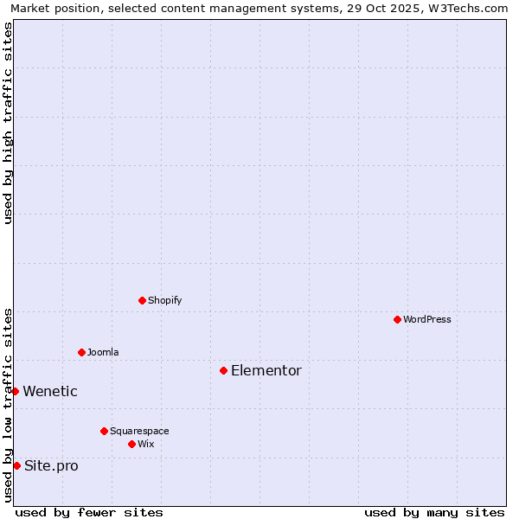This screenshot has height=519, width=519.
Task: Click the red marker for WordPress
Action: coord(397,320)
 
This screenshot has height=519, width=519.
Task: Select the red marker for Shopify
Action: coord(142,301)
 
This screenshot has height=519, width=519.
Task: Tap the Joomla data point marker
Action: coord(81,352)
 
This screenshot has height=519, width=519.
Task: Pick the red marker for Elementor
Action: coord(223,371)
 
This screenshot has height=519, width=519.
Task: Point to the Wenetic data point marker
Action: coord(15,392)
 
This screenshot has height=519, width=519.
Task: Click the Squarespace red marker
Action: coord(104,431)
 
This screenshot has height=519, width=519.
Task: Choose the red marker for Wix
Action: coord(131,445)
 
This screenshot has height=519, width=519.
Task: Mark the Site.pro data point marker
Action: coord(16,466)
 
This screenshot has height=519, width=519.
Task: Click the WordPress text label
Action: coord(427,320)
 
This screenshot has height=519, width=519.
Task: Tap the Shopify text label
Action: coord(164,301)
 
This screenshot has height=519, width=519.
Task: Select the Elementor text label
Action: coord(266,371)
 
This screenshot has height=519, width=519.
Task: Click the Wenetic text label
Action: coord(50,392)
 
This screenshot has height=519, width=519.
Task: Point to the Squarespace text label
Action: coord(139,431)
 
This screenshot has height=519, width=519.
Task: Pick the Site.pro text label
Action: coord(51,466)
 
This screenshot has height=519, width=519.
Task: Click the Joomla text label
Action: coord(103,352)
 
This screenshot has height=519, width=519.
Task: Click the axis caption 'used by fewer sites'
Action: coord(89,512)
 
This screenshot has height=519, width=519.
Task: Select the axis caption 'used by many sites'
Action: coord(434,512)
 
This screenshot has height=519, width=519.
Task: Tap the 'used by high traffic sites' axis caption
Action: coord(8,123)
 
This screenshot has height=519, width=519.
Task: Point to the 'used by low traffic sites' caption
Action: coord(8,405)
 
